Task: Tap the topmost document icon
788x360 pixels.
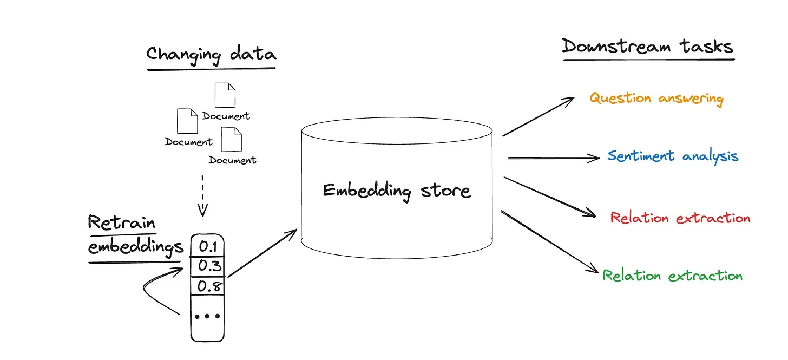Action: (225, 95)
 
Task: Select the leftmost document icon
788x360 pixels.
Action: (187, 121)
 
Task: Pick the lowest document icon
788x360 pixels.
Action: (231, 140)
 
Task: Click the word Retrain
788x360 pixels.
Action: (122, 223)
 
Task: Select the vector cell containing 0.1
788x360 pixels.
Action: (207, 247)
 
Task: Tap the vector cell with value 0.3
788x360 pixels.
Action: (207, 266)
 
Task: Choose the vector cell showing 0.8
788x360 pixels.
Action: (207, 286)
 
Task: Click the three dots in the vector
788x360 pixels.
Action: (207, 316)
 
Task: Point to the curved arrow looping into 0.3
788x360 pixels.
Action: (154, 287)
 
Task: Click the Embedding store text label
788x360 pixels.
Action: (397, 191)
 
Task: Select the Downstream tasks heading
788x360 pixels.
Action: (647, 47)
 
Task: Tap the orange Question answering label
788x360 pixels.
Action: (656, 99)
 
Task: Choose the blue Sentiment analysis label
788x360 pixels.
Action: (673, 156)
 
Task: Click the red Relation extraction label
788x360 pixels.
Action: (680, 218)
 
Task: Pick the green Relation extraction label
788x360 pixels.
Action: (673, 276)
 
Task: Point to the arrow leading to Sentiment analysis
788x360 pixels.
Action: (553, 158)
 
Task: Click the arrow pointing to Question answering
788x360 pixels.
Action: (538, 117)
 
